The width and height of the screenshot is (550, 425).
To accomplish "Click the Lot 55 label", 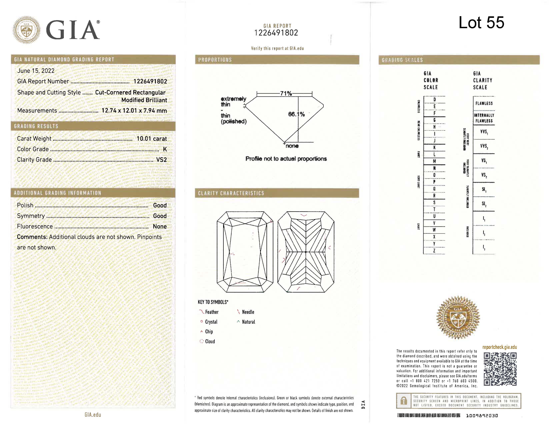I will (x=481, y=23).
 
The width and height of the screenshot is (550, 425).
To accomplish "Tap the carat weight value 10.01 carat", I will (x=152, y=139).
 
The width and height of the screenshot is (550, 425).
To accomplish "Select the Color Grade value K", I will (x=165, y=149).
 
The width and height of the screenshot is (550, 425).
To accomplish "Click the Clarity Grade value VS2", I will (x=161, y=160).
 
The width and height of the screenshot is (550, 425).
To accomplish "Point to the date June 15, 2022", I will (x=36, y=71).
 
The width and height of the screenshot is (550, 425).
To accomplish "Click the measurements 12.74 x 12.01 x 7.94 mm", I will (x=134, y=110).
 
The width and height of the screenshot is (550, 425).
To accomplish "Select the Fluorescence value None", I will (x=160, y=226).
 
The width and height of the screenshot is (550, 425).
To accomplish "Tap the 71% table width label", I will (x=286, y=93).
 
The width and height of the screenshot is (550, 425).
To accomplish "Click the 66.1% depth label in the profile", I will (x=296, y=114).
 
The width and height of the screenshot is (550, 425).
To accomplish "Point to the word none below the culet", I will (x=292, y=146).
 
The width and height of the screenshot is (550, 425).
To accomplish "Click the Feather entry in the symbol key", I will (x=211, y=312).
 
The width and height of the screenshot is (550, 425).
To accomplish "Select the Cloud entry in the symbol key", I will (x=210, y=341).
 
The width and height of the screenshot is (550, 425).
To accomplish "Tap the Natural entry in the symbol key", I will (x=248, y=322).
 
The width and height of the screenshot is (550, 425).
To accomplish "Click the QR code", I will (x=500, y=369).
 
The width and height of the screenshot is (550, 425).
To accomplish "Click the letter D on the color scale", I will (x=434, y=99).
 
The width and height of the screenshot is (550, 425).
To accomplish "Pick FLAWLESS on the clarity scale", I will (x=484, y=103).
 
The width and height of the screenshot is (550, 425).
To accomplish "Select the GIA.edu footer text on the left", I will (x=93, y=415).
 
